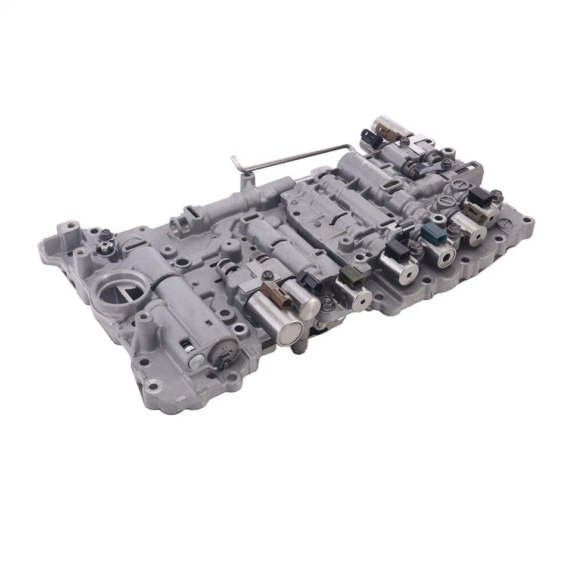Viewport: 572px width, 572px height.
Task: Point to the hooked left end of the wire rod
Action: click(x=237, y=163)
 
